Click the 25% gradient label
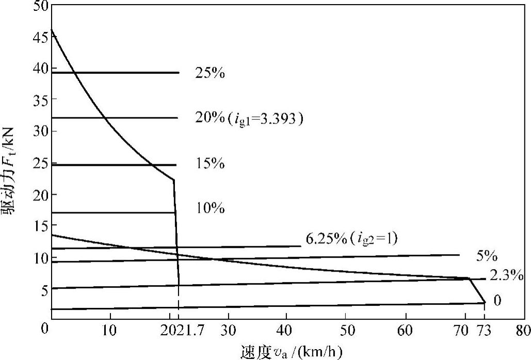click(210, 73)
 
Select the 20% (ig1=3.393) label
click(248, 119)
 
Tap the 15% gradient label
click(210, 164)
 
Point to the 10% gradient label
click(210, 209)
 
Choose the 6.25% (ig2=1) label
click(351, 239)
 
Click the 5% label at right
click(486, 256)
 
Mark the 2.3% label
click(506, 275)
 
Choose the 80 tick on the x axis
click(523, 329)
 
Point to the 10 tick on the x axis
click(110, 329)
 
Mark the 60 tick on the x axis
click(406, 329)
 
